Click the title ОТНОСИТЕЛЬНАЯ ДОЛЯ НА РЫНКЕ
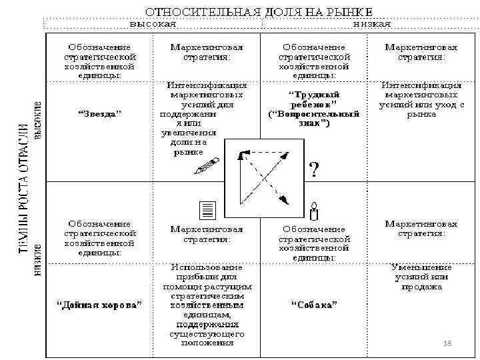point(259,11)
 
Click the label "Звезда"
point(100,114)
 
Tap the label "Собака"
point(313,305)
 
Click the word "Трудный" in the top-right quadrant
point(313,94)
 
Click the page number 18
point(447,343)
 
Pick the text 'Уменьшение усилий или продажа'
point(421,277)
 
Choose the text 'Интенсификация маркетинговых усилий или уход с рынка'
point(421,99)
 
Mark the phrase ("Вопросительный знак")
point(313,118)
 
